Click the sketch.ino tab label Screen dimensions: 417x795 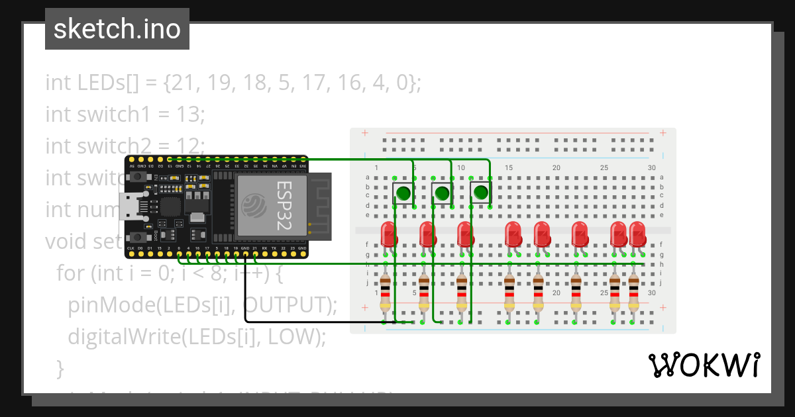point(117,29)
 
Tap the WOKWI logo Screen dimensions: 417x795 point(704,365)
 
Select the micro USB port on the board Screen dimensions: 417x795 point(131,207)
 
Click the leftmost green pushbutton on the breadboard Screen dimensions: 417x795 point(403,193)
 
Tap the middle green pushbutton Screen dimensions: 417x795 point(442,193)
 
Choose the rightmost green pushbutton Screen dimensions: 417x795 point(480,193)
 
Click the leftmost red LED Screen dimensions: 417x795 point(388,234)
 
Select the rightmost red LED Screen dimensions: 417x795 point(637,234)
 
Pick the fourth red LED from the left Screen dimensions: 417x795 point(513,234)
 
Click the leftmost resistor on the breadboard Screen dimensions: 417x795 point(385,295)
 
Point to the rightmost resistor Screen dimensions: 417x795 point(634,295)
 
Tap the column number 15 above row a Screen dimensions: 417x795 point(509,168)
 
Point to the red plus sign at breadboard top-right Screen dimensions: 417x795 point(663,133)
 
